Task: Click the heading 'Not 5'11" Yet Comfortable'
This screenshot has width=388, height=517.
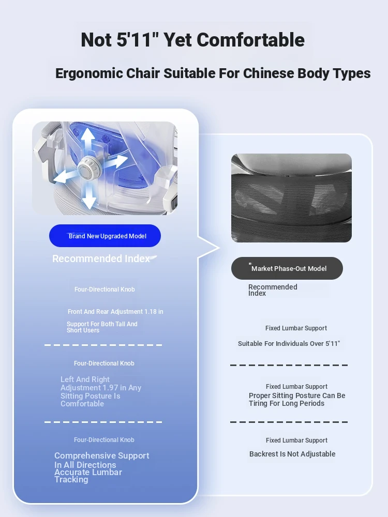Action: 192,40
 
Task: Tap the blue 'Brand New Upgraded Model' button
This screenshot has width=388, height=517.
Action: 105,236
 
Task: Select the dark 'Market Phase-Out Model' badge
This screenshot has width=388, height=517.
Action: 287,268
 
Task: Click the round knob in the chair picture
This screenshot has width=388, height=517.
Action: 88,168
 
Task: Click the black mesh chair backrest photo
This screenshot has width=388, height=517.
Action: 291,198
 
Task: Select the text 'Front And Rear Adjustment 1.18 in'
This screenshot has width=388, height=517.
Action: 115,312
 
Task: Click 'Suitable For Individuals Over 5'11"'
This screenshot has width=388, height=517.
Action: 289,344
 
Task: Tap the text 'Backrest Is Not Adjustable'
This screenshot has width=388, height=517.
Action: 292,454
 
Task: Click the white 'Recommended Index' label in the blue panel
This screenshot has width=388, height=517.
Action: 101,258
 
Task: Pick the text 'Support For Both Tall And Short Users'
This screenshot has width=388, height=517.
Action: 102,327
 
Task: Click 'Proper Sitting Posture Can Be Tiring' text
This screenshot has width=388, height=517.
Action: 297,399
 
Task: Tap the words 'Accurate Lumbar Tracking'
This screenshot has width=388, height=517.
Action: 88,476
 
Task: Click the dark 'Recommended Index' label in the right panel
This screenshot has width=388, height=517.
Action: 273,290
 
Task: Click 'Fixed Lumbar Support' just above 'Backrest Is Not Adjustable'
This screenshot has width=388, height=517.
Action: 296,440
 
